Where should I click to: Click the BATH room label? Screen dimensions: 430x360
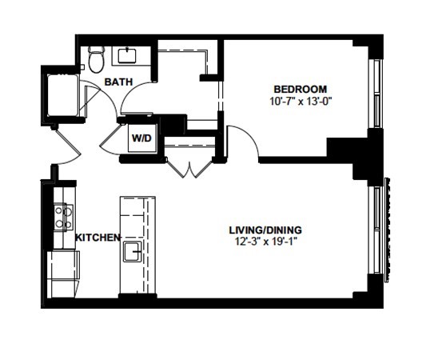pyautogui.click(x=118, y=82)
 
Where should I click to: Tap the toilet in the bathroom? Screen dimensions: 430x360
pyautogui.click(x=96, y=59)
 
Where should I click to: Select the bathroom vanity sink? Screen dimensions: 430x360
pyautogui.click(x=127, y=55)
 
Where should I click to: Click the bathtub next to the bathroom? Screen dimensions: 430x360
pyautogui.click(x=63, y=95)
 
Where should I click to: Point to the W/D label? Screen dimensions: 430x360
pyautogui.click(x=141, y=138)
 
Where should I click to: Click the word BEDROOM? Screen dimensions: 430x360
pyautogui.click(x=301, y=90)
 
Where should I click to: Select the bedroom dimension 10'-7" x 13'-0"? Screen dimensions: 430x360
pyautogui.click(x=301, y=102)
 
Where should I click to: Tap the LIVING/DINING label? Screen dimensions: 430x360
pyautogui.click(x=265, y=230)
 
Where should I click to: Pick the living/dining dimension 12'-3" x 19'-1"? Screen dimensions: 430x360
pyautogui.click(x=266, y=242)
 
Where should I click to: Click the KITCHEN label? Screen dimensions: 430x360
pyautogui.click(x=98, y=238)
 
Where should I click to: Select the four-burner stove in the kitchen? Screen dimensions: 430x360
pyautogui.click(x=64, y=217)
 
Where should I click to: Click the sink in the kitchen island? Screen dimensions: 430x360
pyautogui.click(x=133, y=251)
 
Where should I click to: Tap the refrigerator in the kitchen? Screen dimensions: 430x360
pyautogui.click(x=63, y=274)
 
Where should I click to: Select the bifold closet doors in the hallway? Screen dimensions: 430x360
pyautogui.click(x=189, y=168)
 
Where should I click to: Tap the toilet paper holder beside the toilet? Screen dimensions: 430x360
pyautogui.click(x=82, y=67)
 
